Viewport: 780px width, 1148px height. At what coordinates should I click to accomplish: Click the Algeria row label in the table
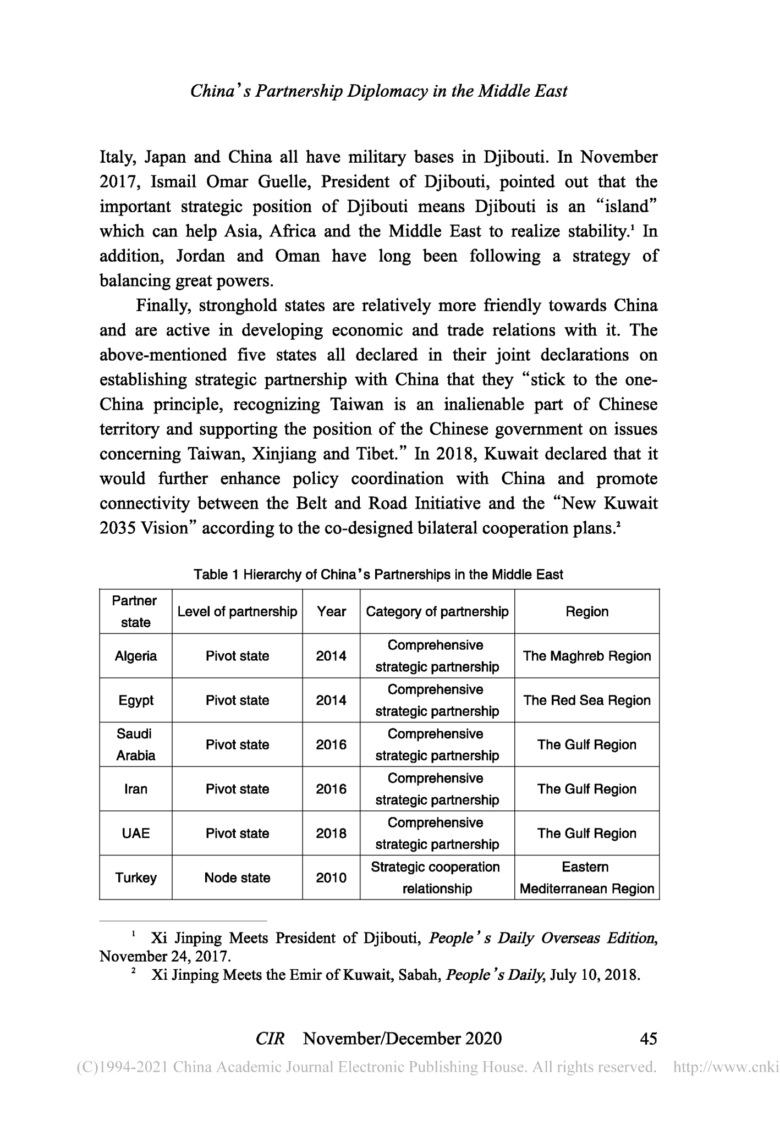pyautogui.click(x=135, y=656)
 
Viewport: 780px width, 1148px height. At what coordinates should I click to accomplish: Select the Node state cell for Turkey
pyautogui.click(x=237, y=877)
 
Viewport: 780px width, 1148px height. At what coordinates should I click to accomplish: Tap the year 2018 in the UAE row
pyautogui.click(x=331, y=834)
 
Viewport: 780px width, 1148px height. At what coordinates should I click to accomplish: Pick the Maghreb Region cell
pyautogui.click(x=587, y=656)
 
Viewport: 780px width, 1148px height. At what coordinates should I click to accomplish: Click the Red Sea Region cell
pyautogui.click(x=587, y=700)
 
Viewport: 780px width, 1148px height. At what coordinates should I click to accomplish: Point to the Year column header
pyautogui.click(x=331, y=611)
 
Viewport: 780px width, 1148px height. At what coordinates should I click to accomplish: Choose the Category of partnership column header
pyautogui.click(x=437, y=611)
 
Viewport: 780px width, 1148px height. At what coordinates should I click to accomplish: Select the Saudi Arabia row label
pyautogui.click(x=135, y=744)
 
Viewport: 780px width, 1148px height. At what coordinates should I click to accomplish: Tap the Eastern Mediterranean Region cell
pyautogui.click(x=587, y=877)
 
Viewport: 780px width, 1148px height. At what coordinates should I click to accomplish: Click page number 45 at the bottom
pyautogui.click(x=649, y=1038)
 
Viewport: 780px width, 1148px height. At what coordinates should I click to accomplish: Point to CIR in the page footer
pyautogui.click(x=270, y=1038)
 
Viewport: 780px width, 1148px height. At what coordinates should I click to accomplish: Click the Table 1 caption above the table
pyautogui.click(x=378, y=575)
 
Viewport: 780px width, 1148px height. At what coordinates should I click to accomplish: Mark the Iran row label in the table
pyautogui.click(x=135, y=789)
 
